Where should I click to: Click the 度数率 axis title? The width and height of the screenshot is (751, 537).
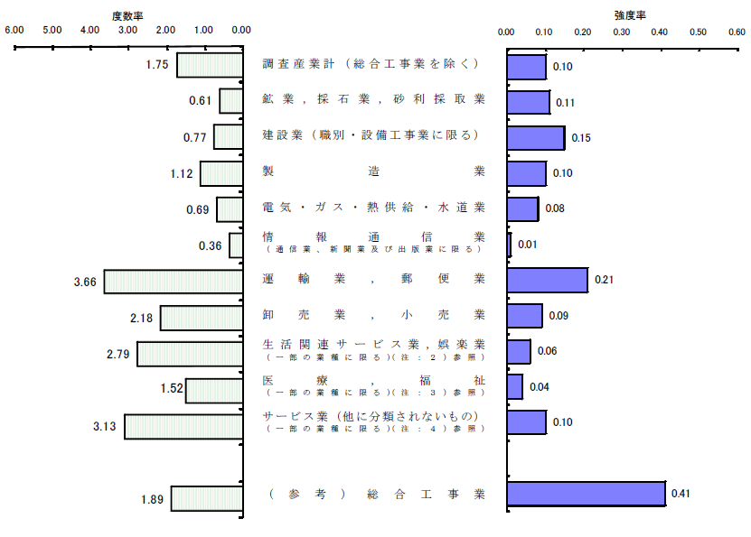(x=127, y=16)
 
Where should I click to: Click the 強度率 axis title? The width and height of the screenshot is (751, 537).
(x=630, y=15)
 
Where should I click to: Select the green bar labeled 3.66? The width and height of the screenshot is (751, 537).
(x=174, y=282)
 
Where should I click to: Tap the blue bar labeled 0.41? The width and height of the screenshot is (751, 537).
(x=587, y=494)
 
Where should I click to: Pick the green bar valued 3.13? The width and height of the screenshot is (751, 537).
(x=184, y=427)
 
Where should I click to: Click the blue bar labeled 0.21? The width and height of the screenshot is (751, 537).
(x=548, y=280)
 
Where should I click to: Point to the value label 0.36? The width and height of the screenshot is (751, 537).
(x=211, y=245)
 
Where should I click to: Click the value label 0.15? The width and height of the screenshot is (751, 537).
(x=581, y=138)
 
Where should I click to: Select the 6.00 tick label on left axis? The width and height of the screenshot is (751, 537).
(x=14, y=30)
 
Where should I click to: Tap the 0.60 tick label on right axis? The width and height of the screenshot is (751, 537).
(x=737, y=32)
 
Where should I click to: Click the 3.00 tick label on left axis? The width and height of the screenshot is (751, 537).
(x=128, y=30)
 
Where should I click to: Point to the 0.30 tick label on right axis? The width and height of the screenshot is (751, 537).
(x=621, y=32)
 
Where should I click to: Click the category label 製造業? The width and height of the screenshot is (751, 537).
(x=373, y=171)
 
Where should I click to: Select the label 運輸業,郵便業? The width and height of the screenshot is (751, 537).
(x=373, y=279)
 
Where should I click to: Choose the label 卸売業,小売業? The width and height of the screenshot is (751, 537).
(x=373, y=315)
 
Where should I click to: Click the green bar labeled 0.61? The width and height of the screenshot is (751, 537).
(x=231, y=101)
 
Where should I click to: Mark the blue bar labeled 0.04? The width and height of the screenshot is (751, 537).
(x=515, y=387)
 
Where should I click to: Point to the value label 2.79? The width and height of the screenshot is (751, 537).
(x=117, y=355)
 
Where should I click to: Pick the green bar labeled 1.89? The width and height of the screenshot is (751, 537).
(x=207, y=499)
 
